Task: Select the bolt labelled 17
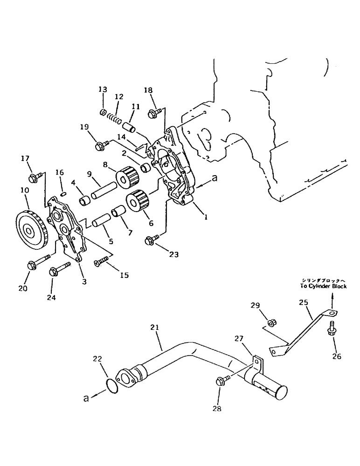pos(34,177)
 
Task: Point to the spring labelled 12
pos(114,118)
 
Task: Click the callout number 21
pos(155,328)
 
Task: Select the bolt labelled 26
pos(333,328)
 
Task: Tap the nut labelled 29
pos(271,322)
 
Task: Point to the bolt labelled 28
pos(222,381)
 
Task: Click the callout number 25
pos(304,302)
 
